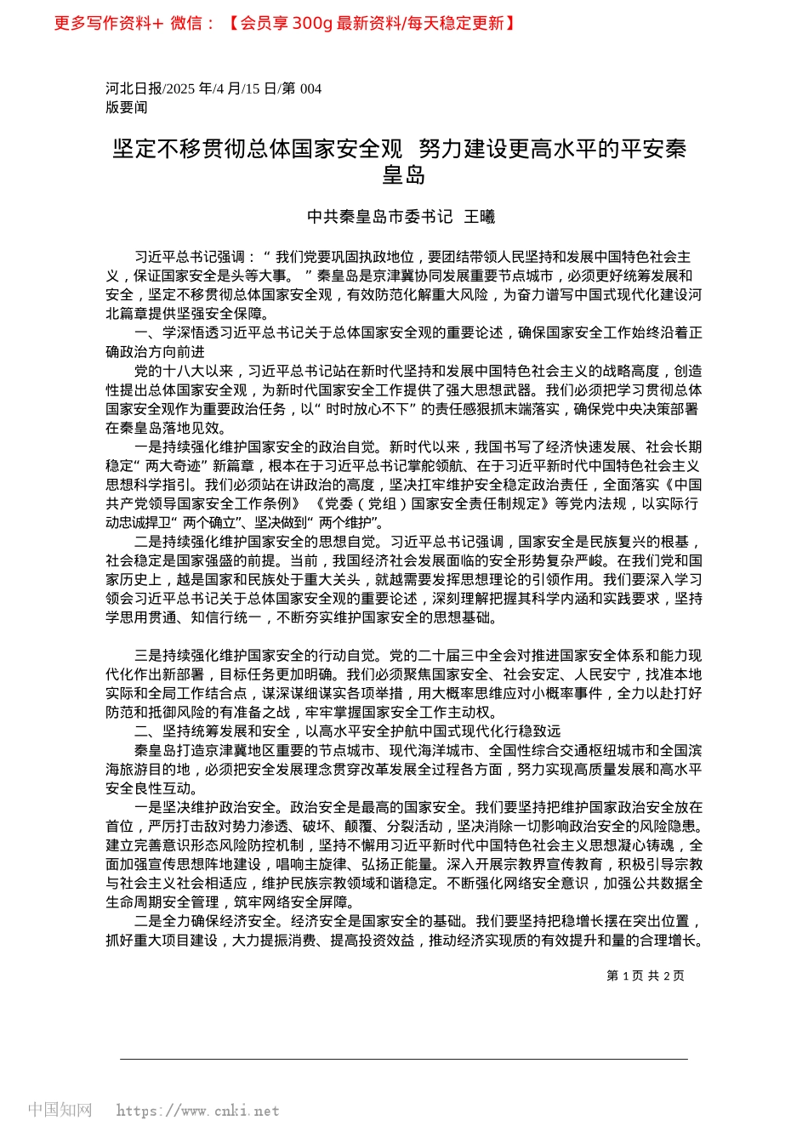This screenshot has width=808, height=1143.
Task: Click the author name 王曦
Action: click(479, 217)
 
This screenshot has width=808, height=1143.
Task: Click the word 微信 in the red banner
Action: click(186, 23)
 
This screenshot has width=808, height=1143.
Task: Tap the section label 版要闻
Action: click(126, 107)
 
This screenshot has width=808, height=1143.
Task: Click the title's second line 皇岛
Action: click(403, 175)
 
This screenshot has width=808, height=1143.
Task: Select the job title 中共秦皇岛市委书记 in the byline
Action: click(379, 217)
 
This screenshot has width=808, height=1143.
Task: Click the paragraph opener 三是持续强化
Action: click(177, 656)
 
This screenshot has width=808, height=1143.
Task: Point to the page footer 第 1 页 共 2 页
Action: click(645, 975)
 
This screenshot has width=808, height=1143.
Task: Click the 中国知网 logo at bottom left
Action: click(60, 1110)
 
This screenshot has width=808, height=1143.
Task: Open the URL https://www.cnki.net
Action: click(197, 1111)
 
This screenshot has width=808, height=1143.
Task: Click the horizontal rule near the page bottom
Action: click(403, 1059)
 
